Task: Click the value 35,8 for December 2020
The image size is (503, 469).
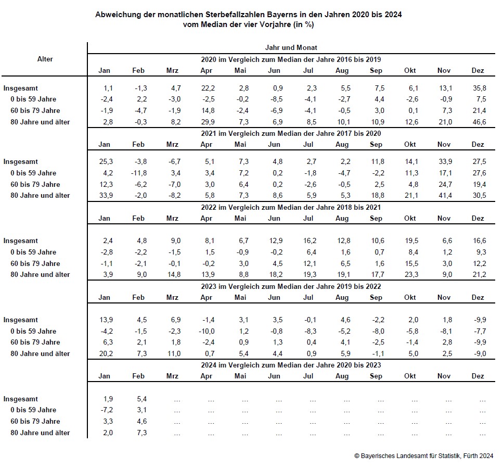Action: click(478, 88)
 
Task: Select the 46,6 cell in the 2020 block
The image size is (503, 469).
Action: click(478, 122)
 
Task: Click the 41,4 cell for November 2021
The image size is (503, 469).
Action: click(444, 195)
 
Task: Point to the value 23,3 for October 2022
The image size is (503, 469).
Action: click(410, 274)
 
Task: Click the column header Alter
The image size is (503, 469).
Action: click(45, 59)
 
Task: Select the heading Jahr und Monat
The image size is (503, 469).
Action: click(291, 47)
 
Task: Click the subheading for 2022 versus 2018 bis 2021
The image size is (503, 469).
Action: click(291, 207)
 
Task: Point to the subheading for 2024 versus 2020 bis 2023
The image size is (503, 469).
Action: click(291, 365)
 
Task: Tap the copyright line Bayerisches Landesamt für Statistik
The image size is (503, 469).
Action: click(423, 456)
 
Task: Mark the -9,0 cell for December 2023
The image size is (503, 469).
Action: click(479, 353)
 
